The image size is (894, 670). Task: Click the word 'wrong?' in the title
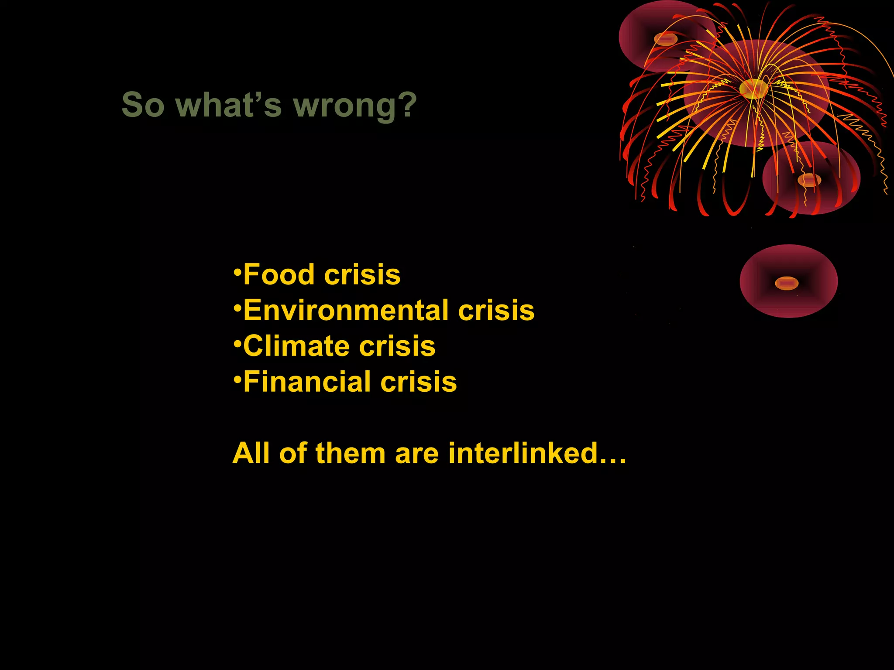tap(355, 106)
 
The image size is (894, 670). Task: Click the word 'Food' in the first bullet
tap(279, 275)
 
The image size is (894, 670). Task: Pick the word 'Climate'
tap(296, 346)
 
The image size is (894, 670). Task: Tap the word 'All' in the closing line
tap(251, 453)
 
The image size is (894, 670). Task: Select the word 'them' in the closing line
tap(350, 453)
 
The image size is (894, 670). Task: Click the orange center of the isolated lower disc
tap(787, 284)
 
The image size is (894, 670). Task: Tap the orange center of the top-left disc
tap(665, 39)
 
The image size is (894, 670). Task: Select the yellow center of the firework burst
tap(753, 88)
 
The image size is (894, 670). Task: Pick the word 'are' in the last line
tap(417, 453)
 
